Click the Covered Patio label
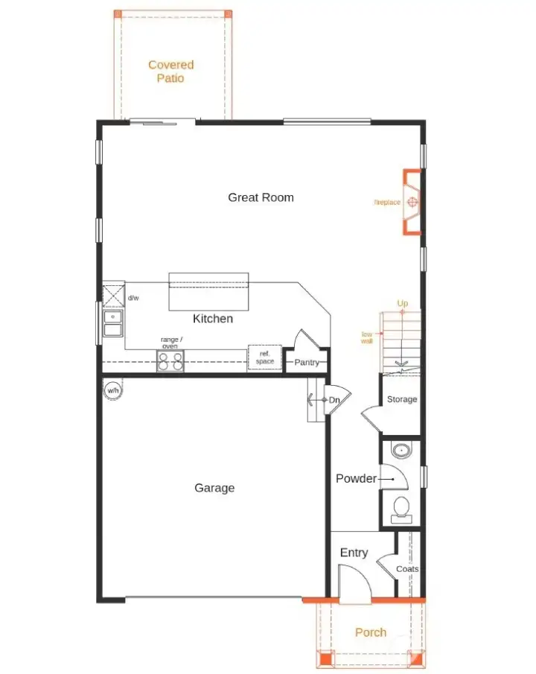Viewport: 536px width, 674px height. pos(170,71)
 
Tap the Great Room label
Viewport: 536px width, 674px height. pos(261,197)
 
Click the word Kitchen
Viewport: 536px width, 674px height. pos(213,319)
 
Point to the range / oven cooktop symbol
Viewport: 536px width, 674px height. pos(170,361)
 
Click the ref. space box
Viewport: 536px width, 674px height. pos(264,357)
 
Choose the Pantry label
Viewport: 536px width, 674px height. pos(307,363)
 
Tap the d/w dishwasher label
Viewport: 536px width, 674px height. pos(133,298)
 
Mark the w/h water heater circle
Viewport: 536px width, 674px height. pos(112,390)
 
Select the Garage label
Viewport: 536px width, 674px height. pos(214,488)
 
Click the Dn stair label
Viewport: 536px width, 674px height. pos(334,401)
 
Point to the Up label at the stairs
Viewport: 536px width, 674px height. pos(403,303)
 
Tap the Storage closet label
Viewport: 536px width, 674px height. pos(402,399)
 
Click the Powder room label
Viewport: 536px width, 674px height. pos(356,478)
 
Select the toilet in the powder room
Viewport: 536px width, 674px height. pos(401,507)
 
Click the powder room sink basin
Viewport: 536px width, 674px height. pos(401,451)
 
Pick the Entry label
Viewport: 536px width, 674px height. pos(354,553)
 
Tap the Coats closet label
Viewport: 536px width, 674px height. pos(407,569)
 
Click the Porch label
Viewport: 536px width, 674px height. pos(371,632)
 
